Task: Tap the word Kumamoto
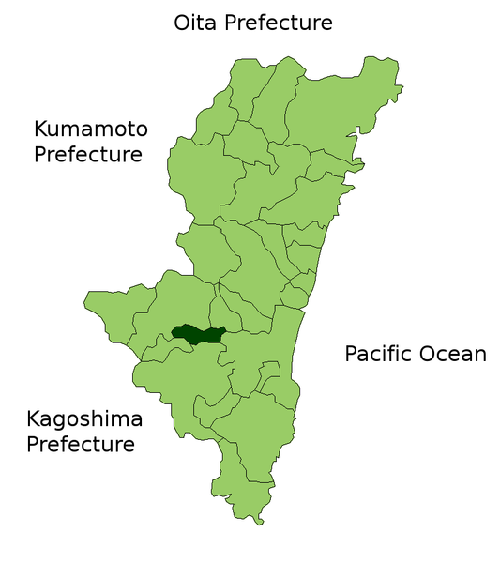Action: point(91,129)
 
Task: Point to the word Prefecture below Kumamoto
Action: point(88,154)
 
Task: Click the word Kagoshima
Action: point(83,419)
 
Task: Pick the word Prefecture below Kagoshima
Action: point(81,444)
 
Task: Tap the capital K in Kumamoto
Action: point(41,129)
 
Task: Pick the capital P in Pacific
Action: point(351,354)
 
